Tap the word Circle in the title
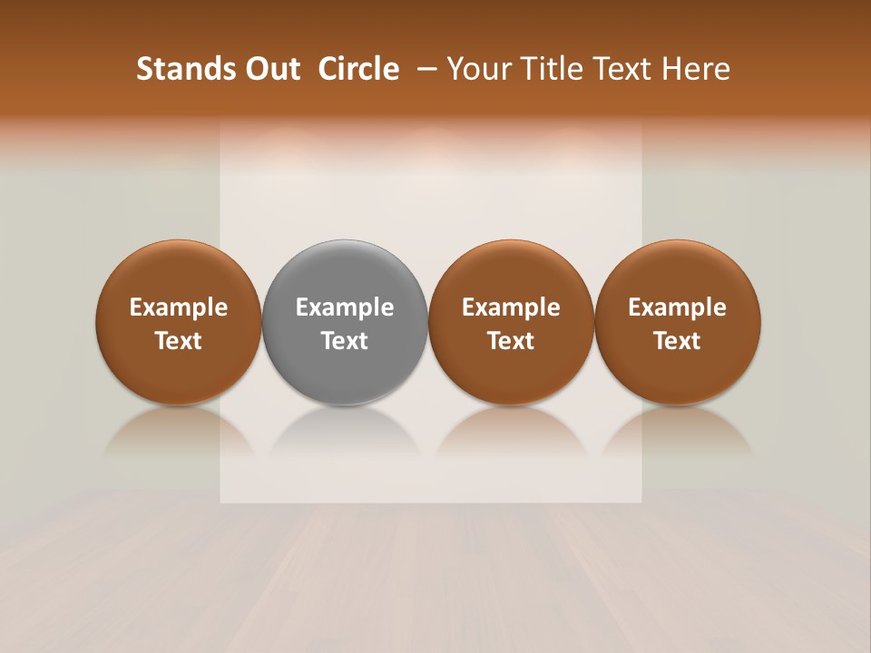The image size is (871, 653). tap(358, 69)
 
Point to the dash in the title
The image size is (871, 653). tap(424, 69)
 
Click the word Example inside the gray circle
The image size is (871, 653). tap(345, 307)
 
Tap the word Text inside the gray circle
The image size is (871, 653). tap(345, 341)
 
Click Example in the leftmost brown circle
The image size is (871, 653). tap(178, 307)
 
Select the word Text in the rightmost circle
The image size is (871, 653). tap(678, 341)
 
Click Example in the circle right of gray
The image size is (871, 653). tap(511, 307)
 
